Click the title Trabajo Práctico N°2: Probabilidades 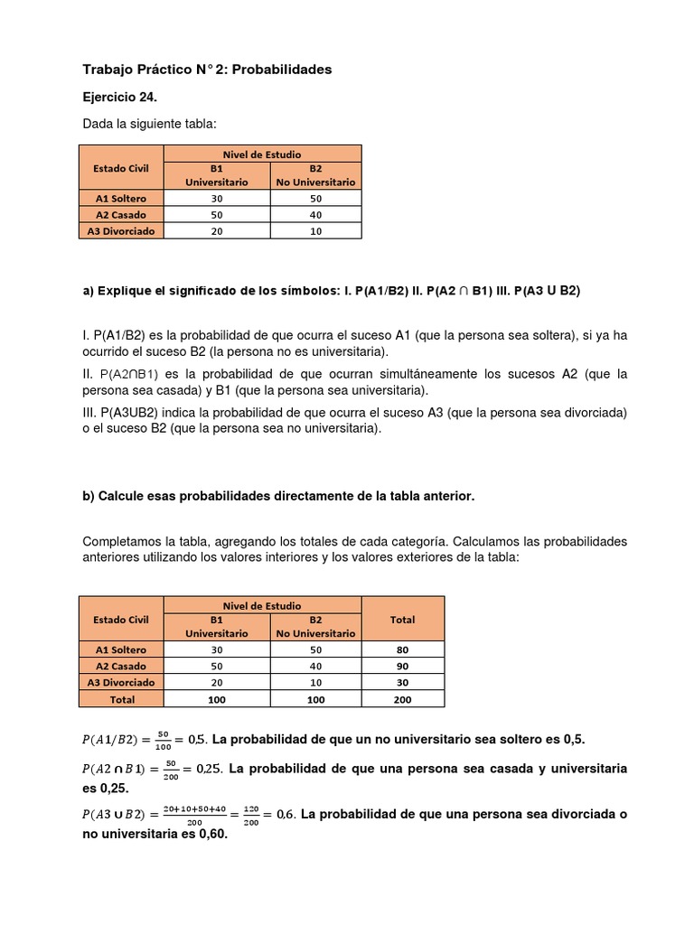click(x=207, y=69)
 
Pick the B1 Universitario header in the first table click(x=217, y=175)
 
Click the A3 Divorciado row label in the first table click(x=121, y=230)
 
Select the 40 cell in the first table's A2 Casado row click(x=315, y=214)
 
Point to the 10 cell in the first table click(x=315, y=230)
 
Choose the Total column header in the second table click(x=402, y=620)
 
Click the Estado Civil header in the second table click(x=121, y=620)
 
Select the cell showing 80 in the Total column click(x=402, y=649)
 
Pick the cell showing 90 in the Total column click(x=402, y=666)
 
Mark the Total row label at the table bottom click(x=121, y=699)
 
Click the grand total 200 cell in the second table click(x=402, y=699)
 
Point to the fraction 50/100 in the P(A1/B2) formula click(x=164, y=740)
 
